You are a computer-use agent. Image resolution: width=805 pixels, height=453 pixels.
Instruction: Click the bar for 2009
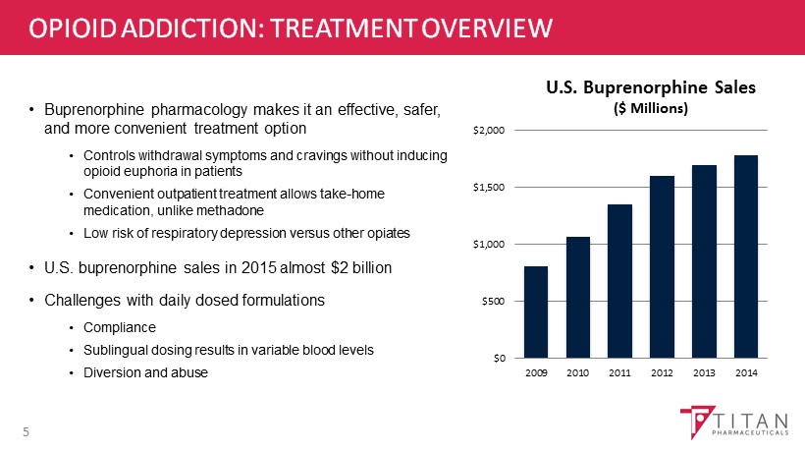(x=536, y=311)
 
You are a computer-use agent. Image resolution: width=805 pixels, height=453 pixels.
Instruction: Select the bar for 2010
(x=578, y=297)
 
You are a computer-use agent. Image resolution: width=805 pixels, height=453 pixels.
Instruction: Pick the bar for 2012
(x=662, y=266)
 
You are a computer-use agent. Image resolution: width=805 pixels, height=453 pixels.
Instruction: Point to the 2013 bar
(x=704, y=260)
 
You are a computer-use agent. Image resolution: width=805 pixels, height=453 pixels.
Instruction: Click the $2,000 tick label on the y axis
(x=490, y=130)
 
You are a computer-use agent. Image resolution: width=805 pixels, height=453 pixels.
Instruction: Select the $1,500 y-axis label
(x=490, y=187)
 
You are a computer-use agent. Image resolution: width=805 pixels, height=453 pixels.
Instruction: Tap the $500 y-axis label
(x=493, y=301)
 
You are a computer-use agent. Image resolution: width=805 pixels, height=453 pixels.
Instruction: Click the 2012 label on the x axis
(x=662, y=374)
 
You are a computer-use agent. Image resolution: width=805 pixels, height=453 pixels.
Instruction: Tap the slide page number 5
(x=27, y=430)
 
